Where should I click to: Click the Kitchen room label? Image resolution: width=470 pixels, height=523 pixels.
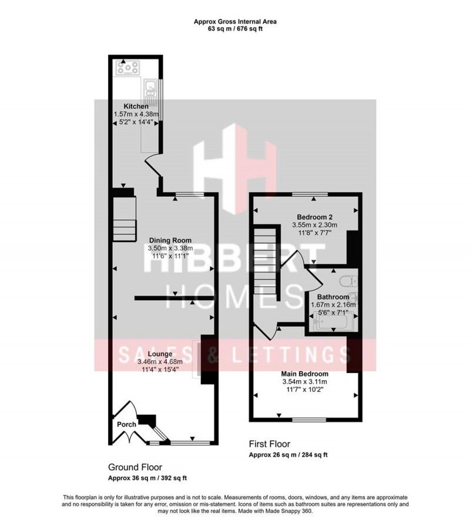tap(127, 106)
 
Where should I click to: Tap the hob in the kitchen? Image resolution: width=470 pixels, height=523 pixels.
tap(127, 68)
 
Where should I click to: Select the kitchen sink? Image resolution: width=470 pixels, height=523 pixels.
tap(148, 89)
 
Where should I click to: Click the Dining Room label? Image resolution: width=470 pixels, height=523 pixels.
tap(170, 240)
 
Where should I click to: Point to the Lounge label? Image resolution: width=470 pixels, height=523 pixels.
tap(160, 354)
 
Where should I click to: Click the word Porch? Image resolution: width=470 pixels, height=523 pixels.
tap(126, 424)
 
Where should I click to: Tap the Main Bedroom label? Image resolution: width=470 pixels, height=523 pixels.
tap(304, 373)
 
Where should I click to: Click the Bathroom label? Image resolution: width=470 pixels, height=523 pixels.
tap(333, 297)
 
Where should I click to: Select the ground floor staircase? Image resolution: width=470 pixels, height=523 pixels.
tap(125, 217)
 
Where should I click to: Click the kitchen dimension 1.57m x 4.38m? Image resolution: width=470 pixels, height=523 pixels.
tap(136, 115)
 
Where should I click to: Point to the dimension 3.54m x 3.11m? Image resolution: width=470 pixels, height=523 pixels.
tap(304, 381)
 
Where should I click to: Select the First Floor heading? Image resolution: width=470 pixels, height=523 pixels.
tap(270, 445)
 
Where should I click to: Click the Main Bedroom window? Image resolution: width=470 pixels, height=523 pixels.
tap(309, 420)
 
